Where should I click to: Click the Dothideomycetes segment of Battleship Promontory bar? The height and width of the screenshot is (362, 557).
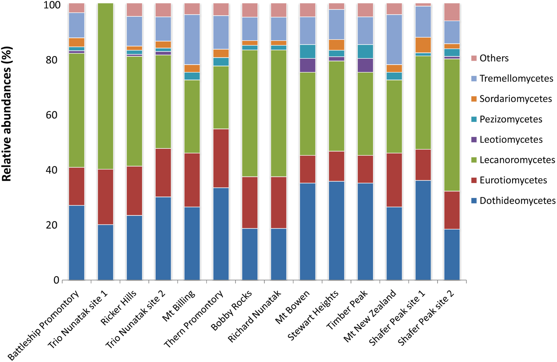click(76, 242)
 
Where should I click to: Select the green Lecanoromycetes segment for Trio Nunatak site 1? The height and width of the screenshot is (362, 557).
click(105, 86)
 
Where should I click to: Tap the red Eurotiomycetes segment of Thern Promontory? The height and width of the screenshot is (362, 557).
click(221, 158)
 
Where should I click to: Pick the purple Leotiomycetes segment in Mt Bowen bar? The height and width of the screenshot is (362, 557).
click(307, 65)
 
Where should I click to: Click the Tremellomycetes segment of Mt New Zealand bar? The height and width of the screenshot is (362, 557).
click(394, 40)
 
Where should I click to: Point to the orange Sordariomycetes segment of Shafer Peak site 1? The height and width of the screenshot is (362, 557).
click(423, 45)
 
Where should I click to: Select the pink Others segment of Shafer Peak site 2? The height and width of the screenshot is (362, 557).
click(452, 12)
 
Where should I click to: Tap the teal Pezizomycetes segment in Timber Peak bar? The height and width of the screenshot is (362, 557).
click(365, 51)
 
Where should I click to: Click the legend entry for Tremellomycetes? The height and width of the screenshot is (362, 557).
click(516, 79)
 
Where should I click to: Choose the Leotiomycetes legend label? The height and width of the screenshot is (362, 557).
click(511, 140)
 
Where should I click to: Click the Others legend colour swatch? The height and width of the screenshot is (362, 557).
click(474, 58)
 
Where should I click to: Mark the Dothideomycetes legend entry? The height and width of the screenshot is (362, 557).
click(517, 201)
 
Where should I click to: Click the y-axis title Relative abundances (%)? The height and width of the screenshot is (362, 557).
click(7, 114)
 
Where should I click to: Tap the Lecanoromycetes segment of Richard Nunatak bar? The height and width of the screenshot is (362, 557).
click(278, 113)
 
